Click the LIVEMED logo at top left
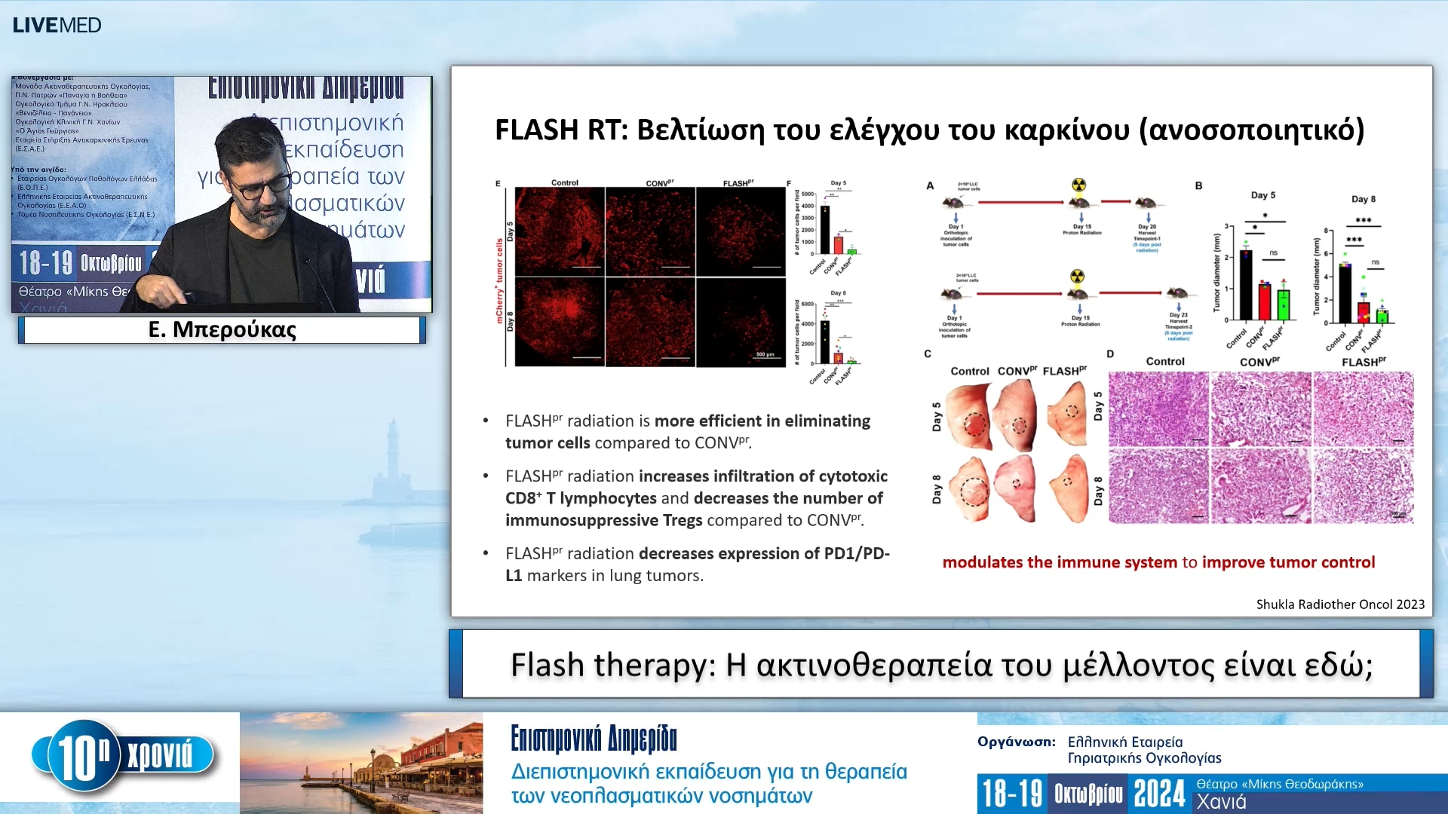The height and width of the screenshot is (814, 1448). [57, 25]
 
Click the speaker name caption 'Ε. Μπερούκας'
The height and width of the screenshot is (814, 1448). [222, 329]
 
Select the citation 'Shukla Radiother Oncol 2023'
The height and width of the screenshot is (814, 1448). [1340, 604]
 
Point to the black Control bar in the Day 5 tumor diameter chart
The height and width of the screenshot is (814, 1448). [1246, 285]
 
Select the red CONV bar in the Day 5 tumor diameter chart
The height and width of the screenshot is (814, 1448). [1265, 301]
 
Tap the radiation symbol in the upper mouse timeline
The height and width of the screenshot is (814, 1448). [1079, 185]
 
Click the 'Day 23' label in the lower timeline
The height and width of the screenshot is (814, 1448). [1178, 314]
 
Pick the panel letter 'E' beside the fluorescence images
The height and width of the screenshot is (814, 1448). [498, 183]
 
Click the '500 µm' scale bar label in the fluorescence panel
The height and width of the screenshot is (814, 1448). [765, 354]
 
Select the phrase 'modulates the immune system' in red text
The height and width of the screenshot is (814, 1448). [1060, 562]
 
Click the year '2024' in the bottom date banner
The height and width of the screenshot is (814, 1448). [1159, 794]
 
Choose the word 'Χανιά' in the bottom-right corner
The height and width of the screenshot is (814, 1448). [1221, 802]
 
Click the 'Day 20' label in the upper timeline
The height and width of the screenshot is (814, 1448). [1146, 226]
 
